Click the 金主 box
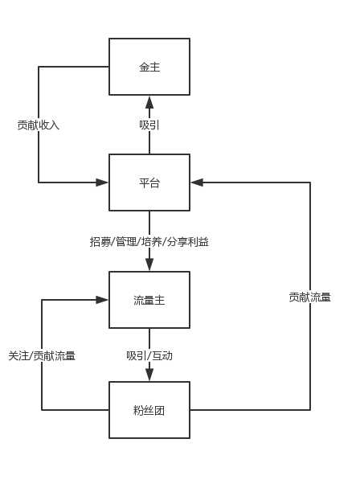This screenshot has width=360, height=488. (x=149, y=67)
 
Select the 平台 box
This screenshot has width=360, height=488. (x=149, y=182)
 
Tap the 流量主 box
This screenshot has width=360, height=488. (x=149, y=300)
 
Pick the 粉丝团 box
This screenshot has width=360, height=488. (x=149, y=410)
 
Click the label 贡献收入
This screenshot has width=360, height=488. (x=39, y=125)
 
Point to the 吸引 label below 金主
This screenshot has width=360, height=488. (x=149, y=125)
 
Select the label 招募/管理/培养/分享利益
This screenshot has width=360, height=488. (x=149, y=242)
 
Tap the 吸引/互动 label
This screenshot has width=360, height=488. (x=149, y=355)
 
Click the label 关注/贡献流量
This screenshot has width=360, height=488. (x=42, y=355)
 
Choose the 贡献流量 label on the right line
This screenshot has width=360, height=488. (x=310, y=297)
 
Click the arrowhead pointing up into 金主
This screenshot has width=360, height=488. (x=149, y=102)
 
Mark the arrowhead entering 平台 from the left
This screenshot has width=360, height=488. (x=102, y=182)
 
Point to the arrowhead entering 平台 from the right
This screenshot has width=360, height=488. (x=197, y=182)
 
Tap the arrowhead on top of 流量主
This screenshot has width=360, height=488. (x=149, y=265)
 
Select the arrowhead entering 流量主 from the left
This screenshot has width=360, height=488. (x=102, y=300)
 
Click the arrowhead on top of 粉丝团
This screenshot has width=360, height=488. (x=149, y=375)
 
